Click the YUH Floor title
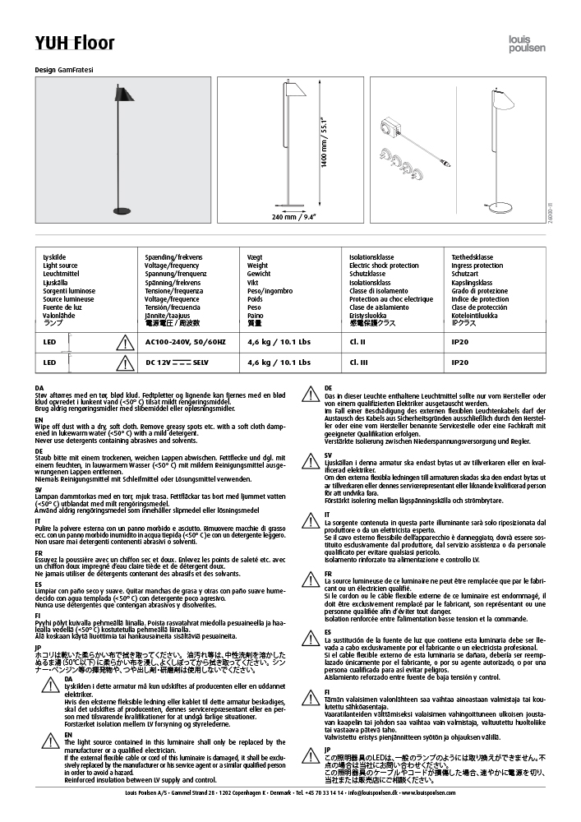click(x=75, y=44)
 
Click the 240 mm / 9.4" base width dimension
click(x=294, y=217)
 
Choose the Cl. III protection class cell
click(x=358, y=362)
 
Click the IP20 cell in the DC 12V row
click(x=460, y=362)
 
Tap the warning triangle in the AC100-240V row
click(x=126, y=341)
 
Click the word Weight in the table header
click(x=257, y=266)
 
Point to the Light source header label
click(x=60, y=266)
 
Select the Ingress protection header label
click(x=477, y=266)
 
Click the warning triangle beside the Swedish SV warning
click(x=311, y=460)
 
